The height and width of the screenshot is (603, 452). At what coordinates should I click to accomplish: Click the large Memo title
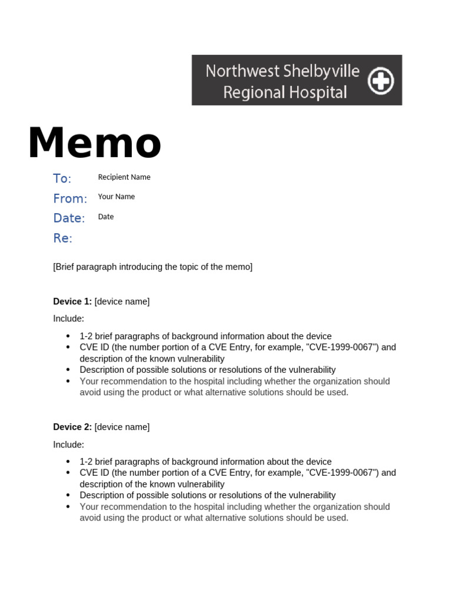94,144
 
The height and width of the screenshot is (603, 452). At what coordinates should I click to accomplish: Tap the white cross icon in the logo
381,81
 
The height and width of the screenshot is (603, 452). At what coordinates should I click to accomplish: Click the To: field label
62,178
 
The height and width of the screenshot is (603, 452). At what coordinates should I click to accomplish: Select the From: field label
70,198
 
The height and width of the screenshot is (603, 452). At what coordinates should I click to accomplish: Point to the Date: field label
69,218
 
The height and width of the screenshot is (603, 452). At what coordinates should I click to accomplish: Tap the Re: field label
62,238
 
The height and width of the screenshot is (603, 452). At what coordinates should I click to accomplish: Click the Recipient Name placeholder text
124,177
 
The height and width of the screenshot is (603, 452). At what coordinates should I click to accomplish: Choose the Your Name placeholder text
117,197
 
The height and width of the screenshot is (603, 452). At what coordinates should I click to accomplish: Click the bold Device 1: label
72,301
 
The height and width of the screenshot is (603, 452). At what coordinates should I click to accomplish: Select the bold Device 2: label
72,427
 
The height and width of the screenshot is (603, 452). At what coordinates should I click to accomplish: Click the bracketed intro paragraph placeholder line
152,267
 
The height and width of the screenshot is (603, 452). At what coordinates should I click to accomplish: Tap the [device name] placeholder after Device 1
122,301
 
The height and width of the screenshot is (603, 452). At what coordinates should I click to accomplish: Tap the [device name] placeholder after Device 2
122,427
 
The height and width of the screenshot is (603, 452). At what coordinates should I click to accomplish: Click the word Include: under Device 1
68,319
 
